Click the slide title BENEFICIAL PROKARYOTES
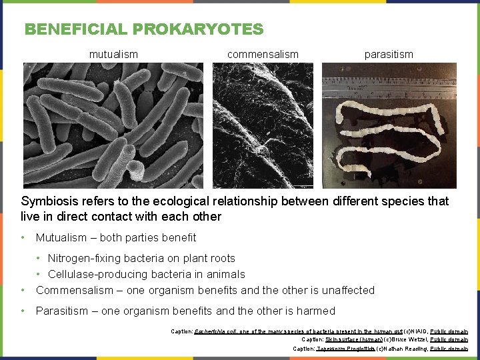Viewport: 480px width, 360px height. [x=144, y=29]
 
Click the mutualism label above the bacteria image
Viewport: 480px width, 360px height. [x=113, y=54]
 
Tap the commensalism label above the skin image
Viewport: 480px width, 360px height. [x=263, y=54]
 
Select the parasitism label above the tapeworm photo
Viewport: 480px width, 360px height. [x=389, y=54]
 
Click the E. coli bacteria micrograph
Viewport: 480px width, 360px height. [x=113, y=125]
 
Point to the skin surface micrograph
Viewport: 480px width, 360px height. [x=263, y=125]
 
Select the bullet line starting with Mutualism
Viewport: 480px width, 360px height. [x=116, y=237]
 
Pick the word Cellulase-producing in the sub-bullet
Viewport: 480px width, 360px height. [x=99, y=274]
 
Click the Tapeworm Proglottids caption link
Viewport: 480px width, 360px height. [x=345, y=349]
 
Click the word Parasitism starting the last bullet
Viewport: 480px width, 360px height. [x=62, y=311]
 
